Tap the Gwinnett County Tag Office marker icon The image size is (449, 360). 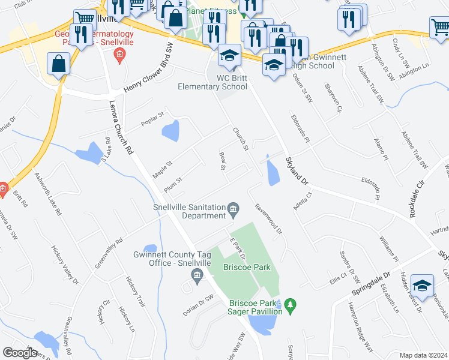click(x=196, y=275)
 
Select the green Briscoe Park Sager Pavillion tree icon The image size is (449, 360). click(x=291, y=306)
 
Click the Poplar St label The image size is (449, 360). click(x=152, y=115)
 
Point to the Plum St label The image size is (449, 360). click(x=173, y=187)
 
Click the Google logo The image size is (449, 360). click(x=20, y=353)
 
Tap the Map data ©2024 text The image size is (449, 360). click(x=424, y=355)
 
